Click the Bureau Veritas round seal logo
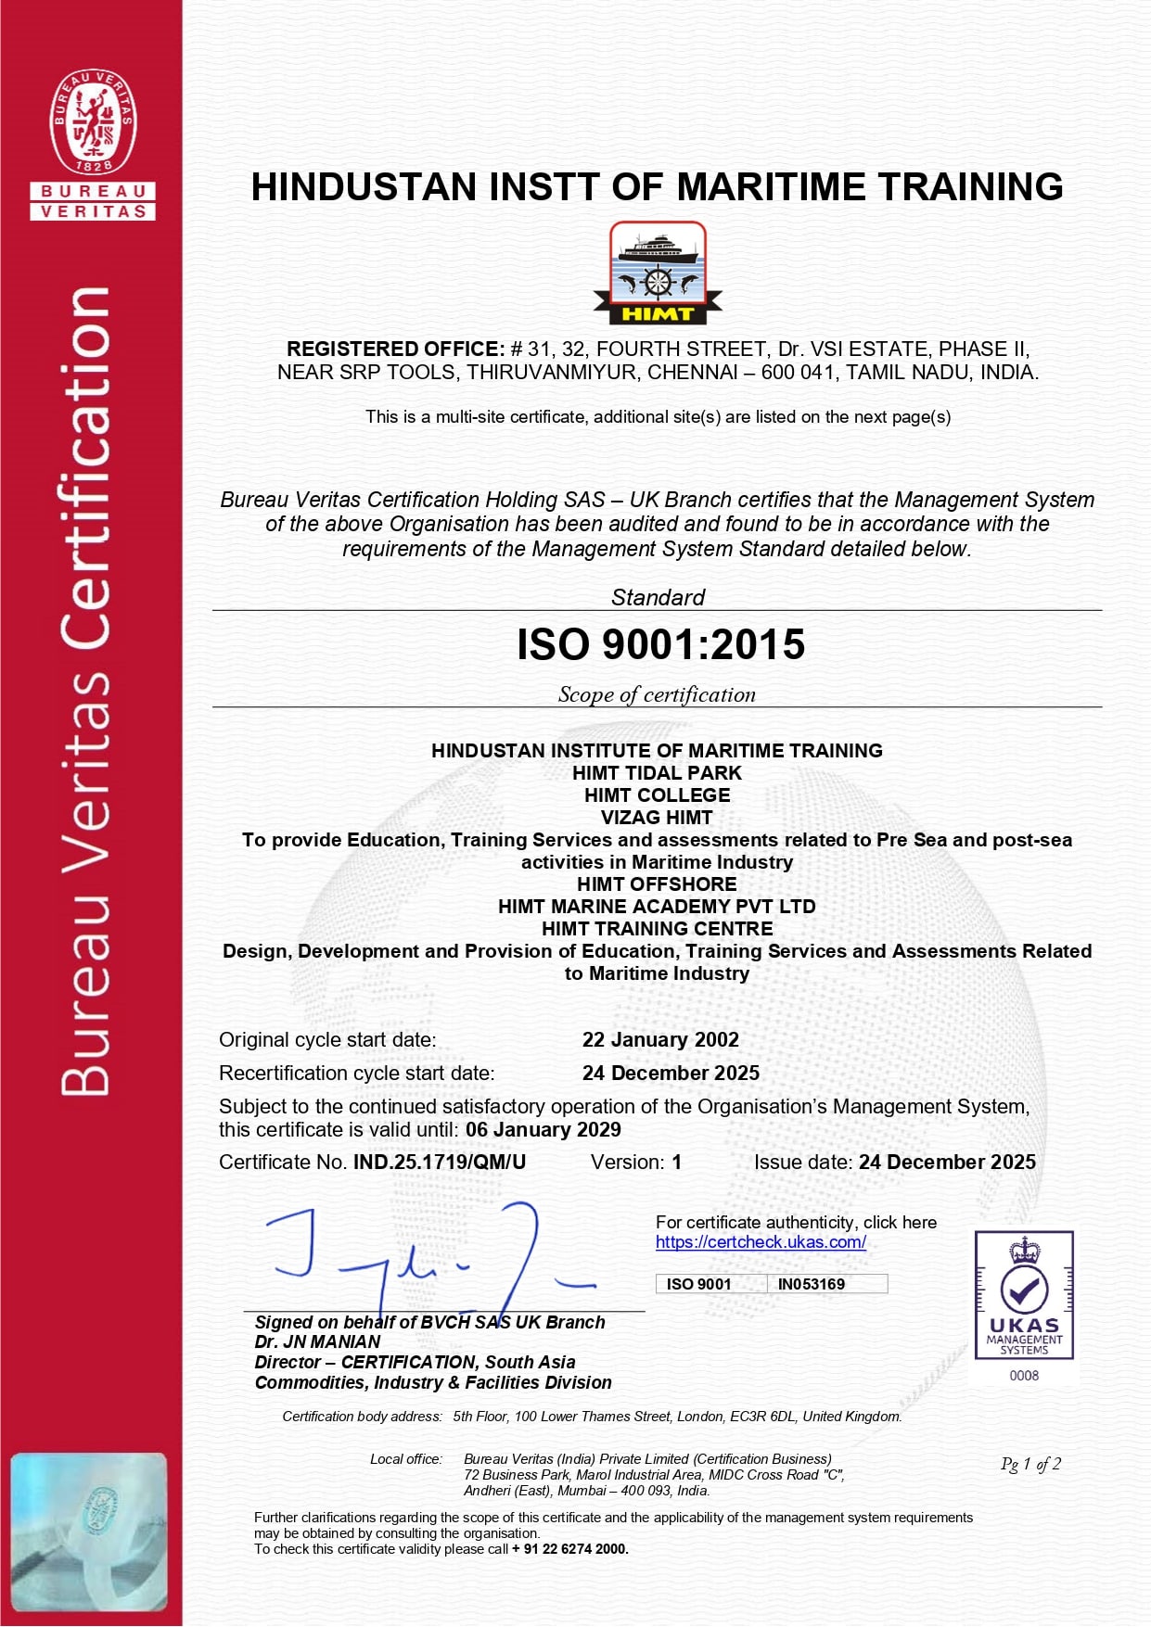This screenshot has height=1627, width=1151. (x=93, y=121)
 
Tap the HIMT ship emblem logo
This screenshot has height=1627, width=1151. (x=657, y=273)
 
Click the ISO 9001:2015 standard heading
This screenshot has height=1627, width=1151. (x=660, y=645)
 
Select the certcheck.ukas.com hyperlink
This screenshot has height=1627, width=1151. (x=761, y=1242)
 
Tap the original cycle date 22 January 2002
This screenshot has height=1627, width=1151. (x=660, y=1040)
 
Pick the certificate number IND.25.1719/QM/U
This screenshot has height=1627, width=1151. (x=440, y=1163)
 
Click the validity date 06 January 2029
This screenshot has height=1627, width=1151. (x=544, y=1130)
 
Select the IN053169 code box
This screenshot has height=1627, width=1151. (x=812, y=1284)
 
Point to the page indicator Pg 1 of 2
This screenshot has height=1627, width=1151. (x=1030, y=1464)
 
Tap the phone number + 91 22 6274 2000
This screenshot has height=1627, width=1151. (x=569, y=1549)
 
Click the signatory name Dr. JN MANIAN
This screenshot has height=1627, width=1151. (x=317, y=1342)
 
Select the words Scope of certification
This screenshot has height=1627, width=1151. (x=657, y=695)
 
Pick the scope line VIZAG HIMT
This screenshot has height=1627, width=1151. (x=657, y=818)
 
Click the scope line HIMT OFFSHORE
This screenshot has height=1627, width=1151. (x=657, y=884)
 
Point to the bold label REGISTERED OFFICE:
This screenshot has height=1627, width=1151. (x=395, y=350)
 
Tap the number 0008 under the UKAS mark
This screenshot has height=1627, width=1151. (x=1024, y=1376)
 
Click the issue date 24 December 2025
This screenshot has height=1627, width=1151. (x=947, y=1163)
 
